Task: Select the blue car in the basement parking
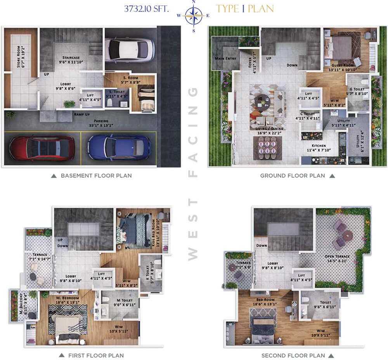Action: point(119,148)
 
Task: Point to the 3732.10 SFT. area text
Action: point(146,9)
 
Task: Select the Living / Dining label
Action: point(270,128)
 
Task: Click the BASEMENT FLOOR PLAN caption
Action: point(96,176)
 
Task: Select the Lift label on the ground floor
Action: point(309,94)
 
